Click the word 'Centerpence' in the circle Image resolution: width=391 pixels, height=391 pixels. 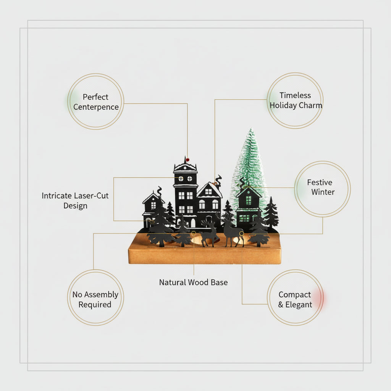tap(96, 107)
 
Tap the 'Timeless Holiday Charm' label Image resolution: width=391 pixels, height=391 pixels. tap(295, 100)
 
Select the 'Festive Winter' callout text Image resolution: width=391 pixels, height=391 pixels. tap(322, 187)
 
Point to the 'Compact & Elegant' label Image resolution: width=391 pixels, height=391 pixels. tap(295, 299)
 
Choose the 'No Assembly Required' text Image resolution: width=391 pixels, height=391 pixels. tap(95, 299)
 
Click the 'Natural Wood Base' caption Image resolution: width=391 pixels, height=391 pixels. tap(193, 283)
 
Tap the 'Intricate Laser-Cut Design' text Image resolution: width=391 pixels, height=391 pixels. tap(75, 200)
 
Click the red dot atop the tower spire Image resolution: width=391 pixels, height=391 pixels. tap(187, 160)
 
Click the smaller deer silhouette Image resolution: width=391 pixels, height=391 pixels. tap(209, 234)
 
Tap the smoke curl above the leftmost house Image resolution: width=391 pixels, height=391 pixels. tap(159, 190)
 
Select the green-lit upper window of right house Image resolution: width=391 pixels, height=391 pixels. tap(248, 200)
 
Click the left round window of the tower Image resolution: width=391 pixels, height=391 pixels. tap(181, 178)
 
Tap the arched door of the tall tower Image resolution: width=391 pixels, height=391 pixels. tap(193, 223)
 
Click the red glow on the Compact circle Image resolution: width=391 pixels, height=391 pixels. tap(321, 298)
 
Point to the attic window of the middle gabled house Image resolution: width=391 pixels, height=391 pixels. tap(208, 191)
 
